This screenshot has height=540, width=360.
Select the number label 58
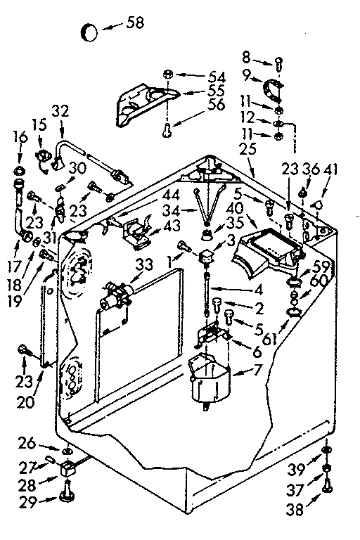(134, 22)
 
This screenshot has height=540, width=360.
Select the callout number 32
(61, 110)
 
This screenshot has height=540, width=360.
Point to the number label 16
(19, 135)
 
